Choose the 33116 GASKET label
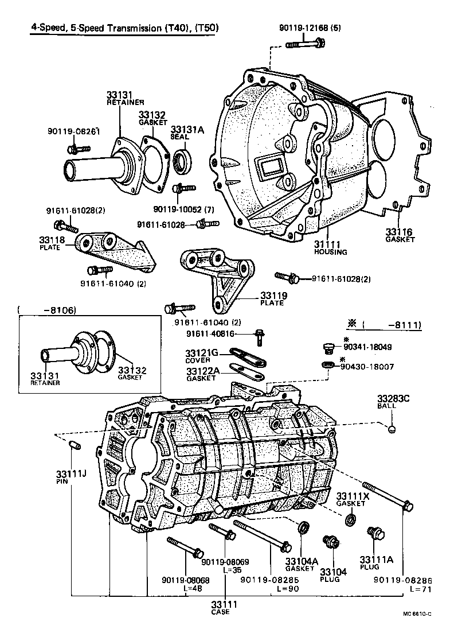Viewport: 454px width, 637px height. point(400,235)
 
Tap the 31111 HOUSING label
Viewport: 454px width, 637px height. point(330,247)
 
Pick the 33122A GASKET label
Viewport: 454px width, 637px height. point(202,375)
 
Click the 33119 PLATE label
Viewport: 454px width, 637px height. point(273,298)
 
